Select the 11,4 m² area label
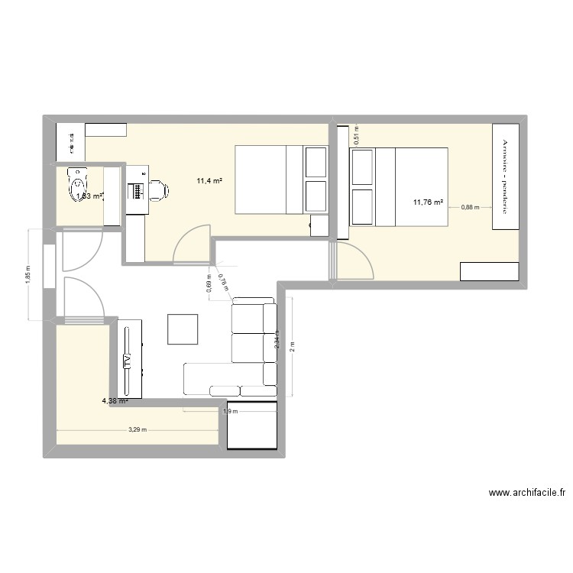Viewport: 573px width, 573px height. tap(209, 181)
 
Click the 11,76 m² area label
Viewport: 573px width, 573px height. tap(426, 202)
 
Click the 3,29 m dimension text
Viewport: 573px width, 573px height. tap(138, 430)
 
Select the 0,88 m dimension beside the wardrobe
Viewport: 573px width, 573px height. tap(469, 207)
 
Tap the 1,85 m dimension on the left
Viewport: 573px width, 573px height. tap(28, 275)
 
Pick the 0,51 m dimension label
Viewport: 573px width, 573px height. tap(356, 134)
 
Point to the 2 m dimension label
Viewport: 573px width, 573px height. tap(293, 346)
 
